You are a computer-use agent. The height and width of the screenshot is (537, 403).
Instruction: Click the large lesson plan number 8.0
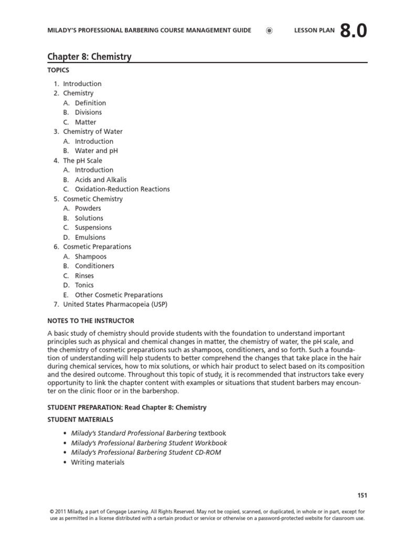(x=353, y=31)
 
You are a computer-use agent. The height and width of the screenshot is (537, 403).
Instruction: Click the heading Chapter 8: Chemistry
(x=89, y=57)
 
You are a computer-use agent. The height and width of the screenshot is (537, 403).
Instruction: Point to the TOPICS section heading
(x=58, y=70)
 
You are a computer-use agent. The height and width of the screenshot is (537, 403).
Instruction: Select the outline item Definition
(x=90, y=103)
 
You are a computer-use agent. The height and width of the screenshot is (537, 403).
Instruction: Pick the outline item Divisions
(x=88, y=112)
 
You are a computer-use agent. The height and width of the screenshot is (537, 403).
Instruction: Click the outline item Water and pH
(x=96, y=151)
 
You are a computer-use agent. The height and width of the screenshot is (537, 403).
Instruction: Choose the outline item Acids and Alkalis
(x=101, y=179)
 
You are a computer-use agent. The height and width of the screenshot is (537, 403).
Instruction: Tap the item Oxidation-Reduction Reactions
(x=122, y=189)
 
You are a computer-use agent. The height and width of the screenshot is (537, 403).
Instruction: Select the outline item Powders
(x=88, y=208)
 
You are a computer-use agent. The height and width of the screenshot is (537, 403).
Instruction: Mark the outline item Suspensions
(x=93, y=228)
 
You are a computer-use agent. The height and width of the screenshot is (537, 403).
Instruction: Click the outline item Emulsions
(x=90, y=237)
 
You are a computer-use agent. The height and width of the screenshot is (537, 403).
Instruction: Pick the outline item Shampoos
(x=90, y=256)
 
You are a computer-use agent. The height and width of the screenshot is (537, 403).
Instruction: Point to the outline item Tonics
(x=84, y=285)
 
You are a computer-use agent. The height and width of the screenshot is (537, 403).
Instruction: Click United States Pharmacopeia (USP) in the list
(x=115, y=304)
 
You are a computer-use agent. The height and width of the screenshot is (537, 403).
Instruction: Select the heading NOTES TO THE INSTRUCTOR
(x=91, y=320)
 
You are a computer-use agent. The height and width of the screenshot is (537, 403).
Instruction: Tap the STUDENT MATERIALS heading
(x=80, y=420)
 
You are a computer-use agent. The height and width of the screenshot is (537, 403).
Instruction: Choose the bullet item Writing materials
(x=98, y=462)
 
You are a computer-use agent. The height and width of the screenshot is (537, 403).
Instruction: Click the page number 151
(x=362, y=495)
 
